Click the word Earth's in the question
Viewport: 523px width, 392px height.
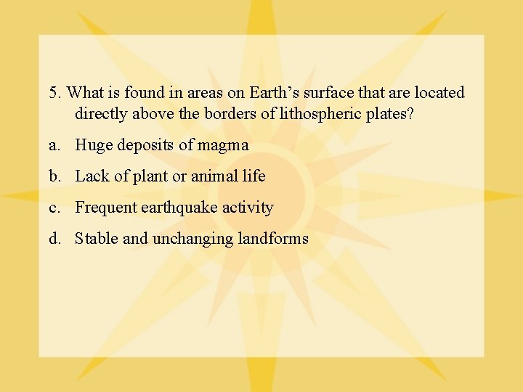(273, 94)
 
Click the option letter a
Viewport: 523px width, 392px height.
(53, 146)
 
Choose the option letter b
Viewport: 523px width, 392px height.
(54, 176)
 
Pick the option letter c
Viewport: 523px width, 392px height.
(53, 208)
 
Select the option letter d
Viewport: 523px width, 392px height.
(54, 239)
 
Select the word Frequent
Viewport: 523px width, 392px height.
(102, 208)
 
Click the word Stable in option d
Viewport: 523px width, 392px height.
(97, 239)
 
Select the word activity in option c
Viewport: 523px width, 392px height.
(248, 208)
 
